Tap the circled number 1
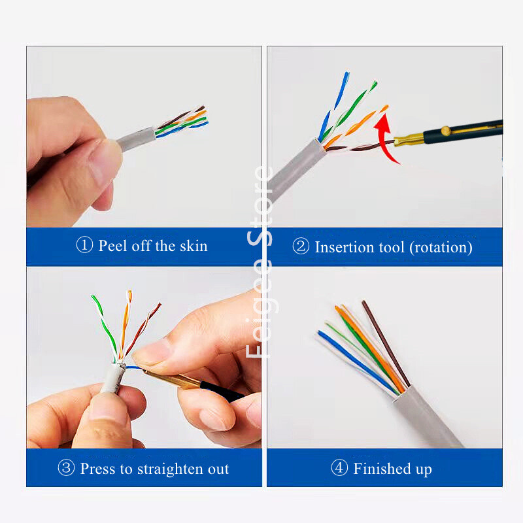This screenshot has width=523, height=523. (84, 245)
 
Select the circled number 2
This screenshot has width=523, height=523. (301, 246)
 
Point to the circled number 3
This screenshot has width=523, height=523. (66, 467)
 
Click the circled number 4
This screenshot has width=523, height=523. (339, 467)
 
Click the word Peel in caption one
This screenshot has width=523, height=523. (113, 246)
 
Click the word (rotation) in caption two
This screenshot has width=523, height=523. (441, 248)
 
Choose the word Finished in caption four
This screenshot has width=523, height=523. (382, 468)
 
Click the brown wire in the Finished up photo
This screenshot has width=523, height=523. (386, 344)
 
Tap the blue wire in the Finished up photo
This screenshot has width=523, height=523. (357, 362)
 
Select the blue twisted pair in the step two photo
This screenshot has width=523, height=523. (333, 106)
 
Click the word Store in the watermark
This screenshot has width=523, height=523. (260, 206)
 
